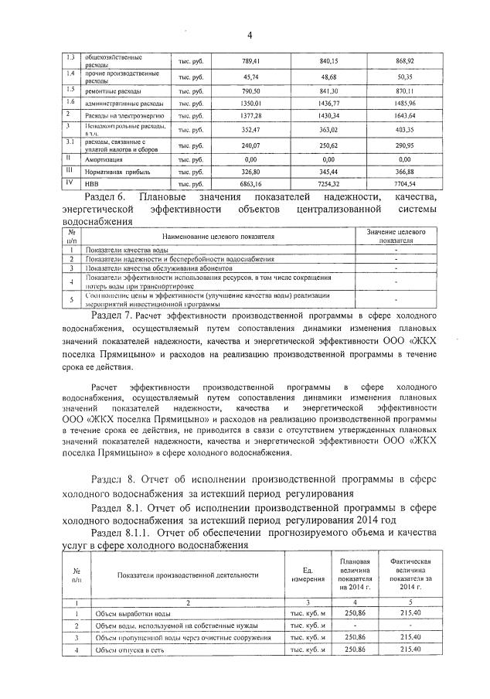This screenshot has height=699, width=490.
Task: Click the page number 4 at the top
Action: point(250,34)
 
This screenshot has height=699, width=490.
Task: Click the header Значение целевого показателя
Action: point(396,235)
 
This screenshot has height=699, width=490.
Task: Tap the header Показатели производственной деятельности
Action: point(188,575)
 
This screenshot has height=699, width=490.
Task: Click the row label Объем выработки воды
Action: point(128,612)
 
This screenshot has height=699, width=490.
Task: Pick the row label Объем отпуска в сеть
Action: point(127,650)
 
